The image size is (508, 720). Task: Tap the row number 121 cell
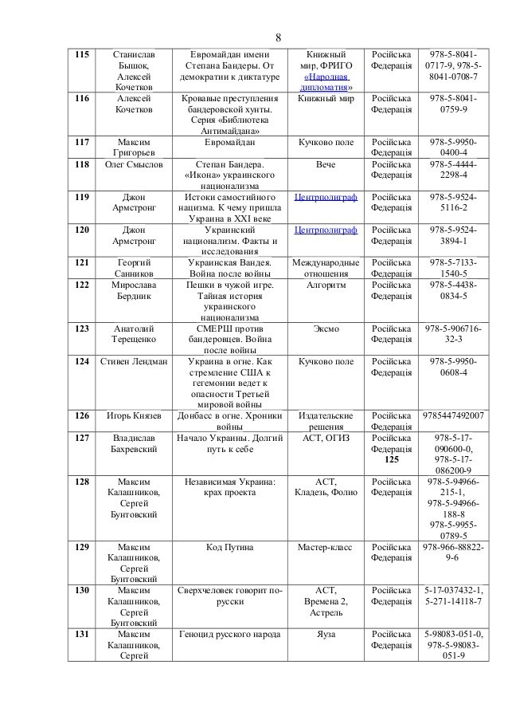tap(82, 262)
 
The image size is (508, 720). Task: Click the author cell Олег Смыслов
tap(133, 164)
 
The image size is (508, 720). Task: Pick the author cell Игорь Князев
tap(133, 415)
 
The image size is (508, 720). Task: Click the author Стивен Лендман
tap(133, 361)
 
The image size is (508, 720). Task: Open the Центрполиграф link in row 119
tap(326, 196)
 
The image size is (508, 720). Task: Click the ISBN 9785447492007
tap(453, 415)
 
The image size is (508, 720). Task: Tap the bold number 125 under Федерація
tap(391, 460)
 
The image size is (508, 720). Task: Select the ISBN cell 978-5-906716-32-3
tap(453, 333)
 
